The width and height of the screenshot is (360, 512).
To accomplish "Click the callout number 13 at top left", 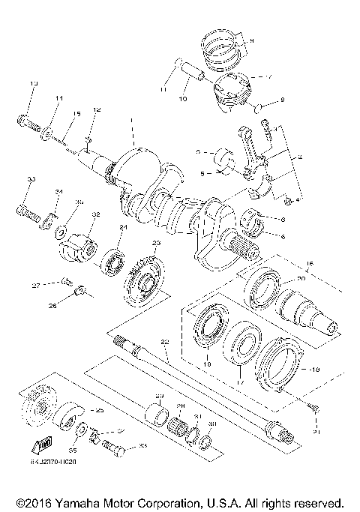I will pyautogui.click(x=33, y=82).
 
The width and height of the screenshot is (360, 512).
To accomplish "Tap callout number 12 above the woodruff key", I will pyautogui.click(x=96, y=110).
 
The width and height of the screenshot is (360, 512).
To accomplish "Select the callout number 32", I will pyautogui.click(x=95, y=214).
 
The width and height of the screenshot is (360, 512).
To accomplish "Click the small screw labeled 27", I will pyautogui.click(x=65, y=283).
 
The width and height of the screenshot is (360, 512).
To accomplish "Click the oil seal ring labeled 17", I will pyautogui.click(x=241, y=344).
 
